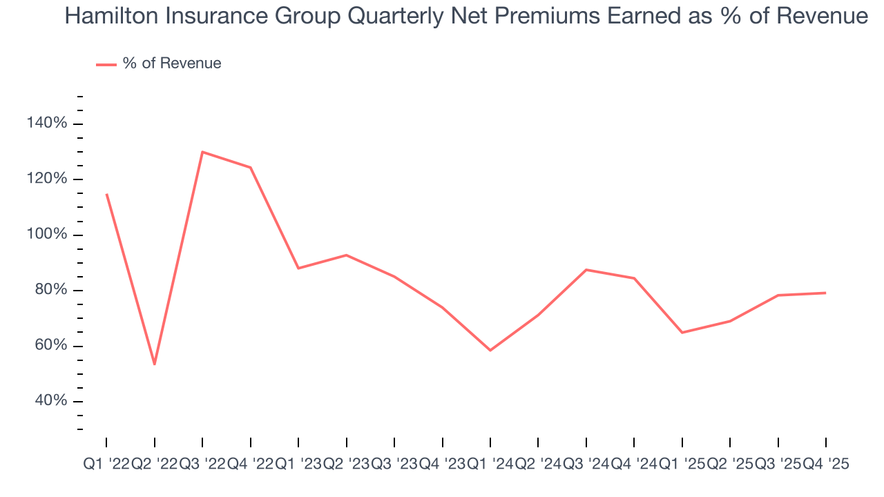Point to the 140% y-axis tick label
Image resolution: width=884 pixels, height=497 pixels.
(48, 124)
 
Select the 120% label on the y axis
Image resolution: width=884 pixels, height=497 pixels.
(48, 179)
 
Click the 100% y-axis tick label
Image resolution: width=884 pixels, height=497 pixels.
(48, 235)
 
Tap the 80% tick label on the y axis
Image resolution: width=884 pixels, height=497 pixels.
(50, 291)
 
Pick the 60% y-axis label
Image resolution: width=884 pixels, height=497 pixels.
(50, 346)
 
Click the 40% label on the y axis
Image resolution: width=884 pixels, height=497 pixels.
(50, 402)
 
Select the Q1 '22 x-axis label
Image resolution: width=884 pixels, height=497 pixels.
(106, 465)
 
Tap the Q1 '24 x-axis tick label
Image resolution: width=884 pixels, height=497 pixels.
(490, 465)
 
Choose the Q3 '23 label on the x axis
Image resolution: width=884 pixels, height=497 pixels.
(394, 465)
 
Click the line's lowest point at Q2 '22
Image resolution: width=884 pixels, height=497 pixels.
(155, 364)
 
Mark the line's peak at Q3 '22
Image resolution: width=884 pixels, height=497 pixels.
(202, 152)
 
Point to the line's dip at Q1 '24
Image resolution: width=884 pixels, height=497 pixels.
(490, 350)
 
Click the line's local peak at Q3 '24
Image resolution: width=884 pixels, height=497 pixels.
(586, 270)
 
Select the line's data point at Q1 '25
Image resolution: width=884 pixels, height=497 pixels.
(682, 333)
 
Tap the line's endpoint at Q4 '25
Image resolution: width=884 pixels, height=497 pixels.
(825, 293)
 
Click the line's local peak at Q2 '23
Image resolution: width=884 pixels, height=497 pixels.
(346, 255)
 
